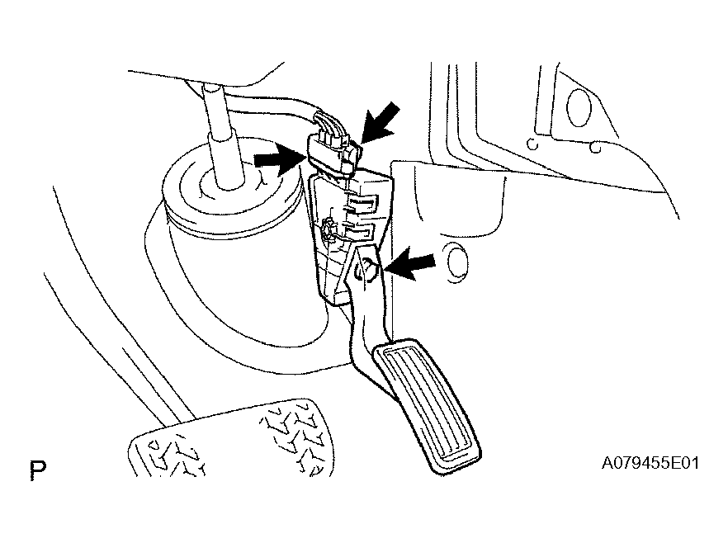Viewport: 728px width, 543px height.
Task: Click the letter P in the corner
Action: coord(38,470)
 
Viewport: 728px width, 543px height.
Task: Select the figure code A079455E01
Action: coord(650,463)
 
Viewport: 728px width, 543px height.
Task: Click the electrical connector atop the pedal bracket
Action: coord(333,149)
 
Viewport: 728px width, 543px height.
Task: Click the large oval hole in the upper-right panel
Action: coord(579,107)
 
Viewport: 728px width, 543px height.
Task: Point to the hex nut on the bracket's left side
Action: coord(329,229)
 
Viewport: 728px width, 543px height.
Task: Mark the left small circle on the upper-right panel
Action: coord(533,144)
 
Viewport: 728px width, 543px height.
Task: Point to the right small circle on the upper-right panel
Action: coord(596,148)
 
